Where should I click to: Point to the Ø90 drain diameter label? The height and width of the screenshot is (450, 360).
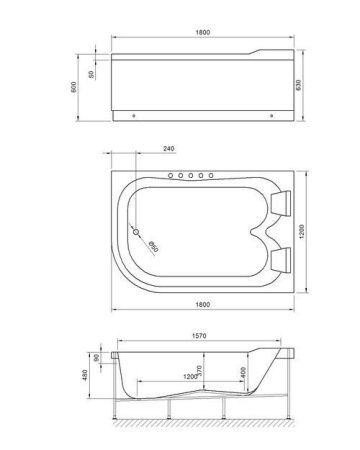[154, 247]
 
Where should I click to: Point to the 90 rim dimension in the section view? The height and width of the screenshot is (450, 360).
[95, 357]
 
